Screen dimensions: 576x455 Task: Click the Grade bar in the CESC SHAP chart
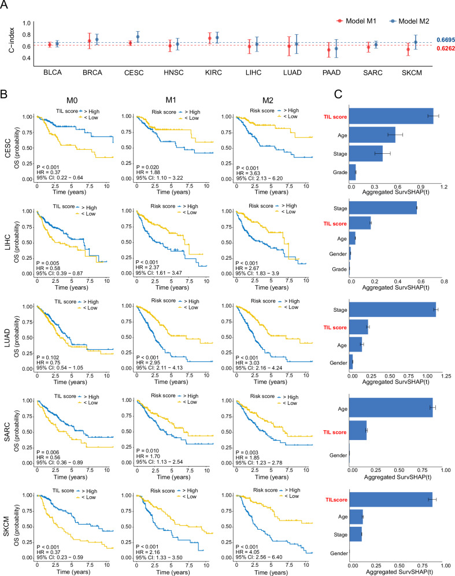pos(352,171)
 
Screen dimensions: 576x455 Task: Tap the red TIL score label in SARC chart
pos(335,431)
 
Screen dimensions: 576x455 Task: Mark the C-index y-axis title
pos(10,43)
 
